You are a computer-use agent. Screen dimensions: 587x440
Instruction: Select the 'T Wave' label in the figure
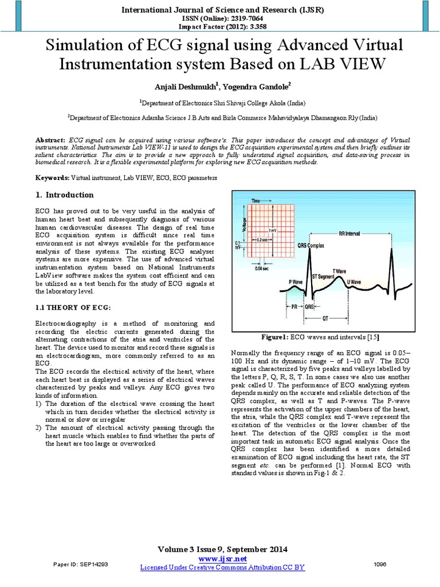click(340, 270)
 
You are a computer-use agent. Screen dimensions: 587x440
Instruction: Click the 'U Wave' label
click(354, 283)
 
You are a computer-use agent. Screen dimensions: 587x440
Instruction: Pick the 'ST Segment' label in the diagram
click(324, 276)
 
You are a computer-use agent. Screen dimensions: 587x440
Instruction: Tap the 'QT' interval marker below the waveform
click(324, 316)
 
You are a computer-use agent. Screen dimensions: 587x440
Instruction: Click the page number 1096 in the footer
click(380, 565)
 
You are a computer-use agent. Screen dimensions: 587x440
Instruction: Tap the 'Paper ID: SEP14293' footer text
click(80, 565)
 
